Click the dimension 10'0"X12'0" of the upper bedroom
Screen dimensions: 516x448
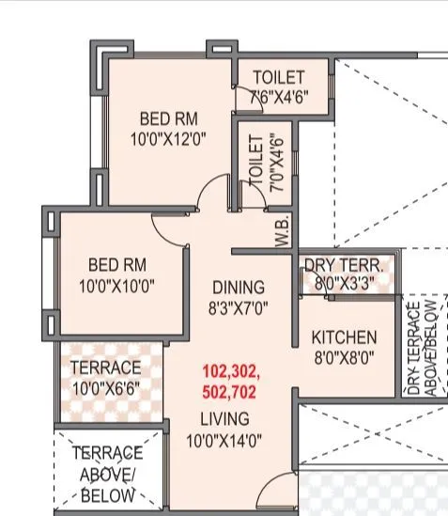[x=168, y=139]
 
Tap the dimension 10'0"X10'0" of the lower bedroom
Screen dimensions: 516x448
[x=116, y=286]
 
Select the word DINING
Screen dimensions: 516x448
[x=238, y=287]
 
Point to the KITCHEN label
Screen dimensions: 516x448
[x=344, y=337]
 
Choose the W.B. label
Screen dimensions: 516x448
[x=281, y=231]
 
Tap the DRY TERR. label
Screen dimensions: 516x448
[x=345, y=265]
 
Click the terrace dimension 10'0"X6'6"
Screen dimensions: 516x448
[x=105, y=387]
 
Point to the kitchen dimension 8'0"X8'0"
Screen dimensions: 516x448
[x=344, y=357]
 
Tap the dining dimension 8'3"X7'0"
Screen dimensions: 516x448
[x=238, y=307]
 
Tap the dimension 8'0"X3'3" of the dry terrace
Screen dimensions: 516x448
[x=345, y=283]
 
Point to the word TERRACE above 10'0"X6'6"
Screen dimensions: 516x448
[x=105, y=367]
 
